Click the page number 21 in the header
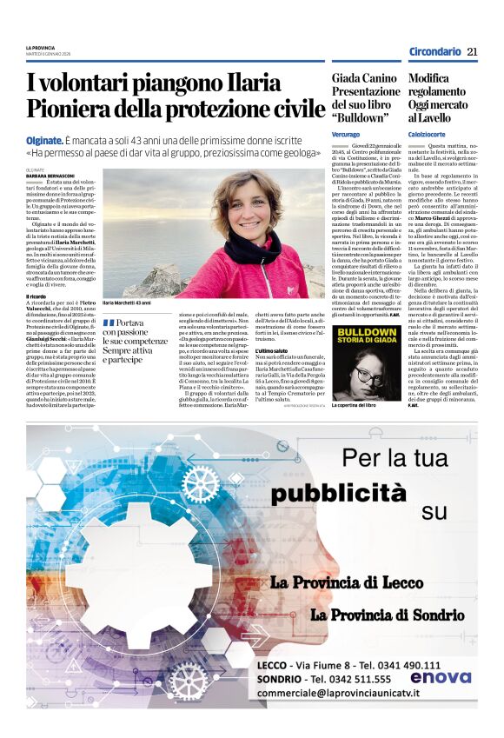click(x=472, y=52)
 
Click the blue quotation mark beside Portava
click(x=109, y=322)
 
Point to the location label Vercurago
click(x=346, y=135)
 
